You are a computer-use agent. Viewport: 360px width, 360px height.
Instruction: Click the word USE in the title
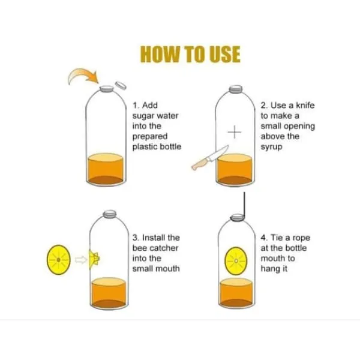[x=221, y=55]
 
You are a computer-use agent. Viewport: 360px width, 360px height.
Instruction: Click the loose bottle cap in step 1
[x=121, y=85]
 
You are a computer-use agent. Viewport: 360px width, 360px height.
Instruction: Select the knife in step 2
[x=210, y=158]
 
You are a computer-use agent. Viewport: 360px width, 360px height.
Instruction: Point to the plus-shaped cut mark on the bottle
[x=235, y=132]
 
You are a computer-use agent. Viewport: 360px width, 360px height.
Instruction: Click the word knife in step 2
[x=305, y=106]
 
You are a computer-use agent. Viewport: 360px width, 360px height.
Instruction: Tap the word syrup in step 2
[x=271, y=147]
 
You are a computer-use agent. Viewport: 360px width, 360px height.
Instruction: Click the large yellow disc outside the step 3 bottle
[x=59, y=260]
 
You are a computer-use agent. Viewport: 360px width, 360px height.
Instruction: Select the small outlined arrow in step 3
[x=81, y=260]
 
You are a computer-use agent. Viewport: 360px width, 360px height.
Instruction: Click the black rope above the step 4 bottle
[x=244, y=205]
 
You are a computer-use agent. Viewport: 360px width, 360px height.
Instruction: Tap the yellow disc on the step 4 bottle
[x=236, y=261]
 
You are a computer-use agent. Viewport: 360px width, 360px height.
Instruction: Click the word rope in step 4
[x=301, y=238]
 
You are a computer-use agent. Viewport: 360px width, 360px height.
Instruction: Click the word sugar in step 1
[x=143, y=116]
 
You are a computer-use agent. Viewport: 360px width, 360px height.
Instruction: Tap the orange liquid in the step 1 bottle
[x=106, y=169]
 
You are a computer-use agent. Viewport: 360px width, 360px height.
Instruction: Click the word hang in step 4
[x=271, y=269]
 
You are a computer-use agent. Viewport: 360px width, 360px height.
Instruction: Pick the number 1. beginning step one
[x=136, y=106]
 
